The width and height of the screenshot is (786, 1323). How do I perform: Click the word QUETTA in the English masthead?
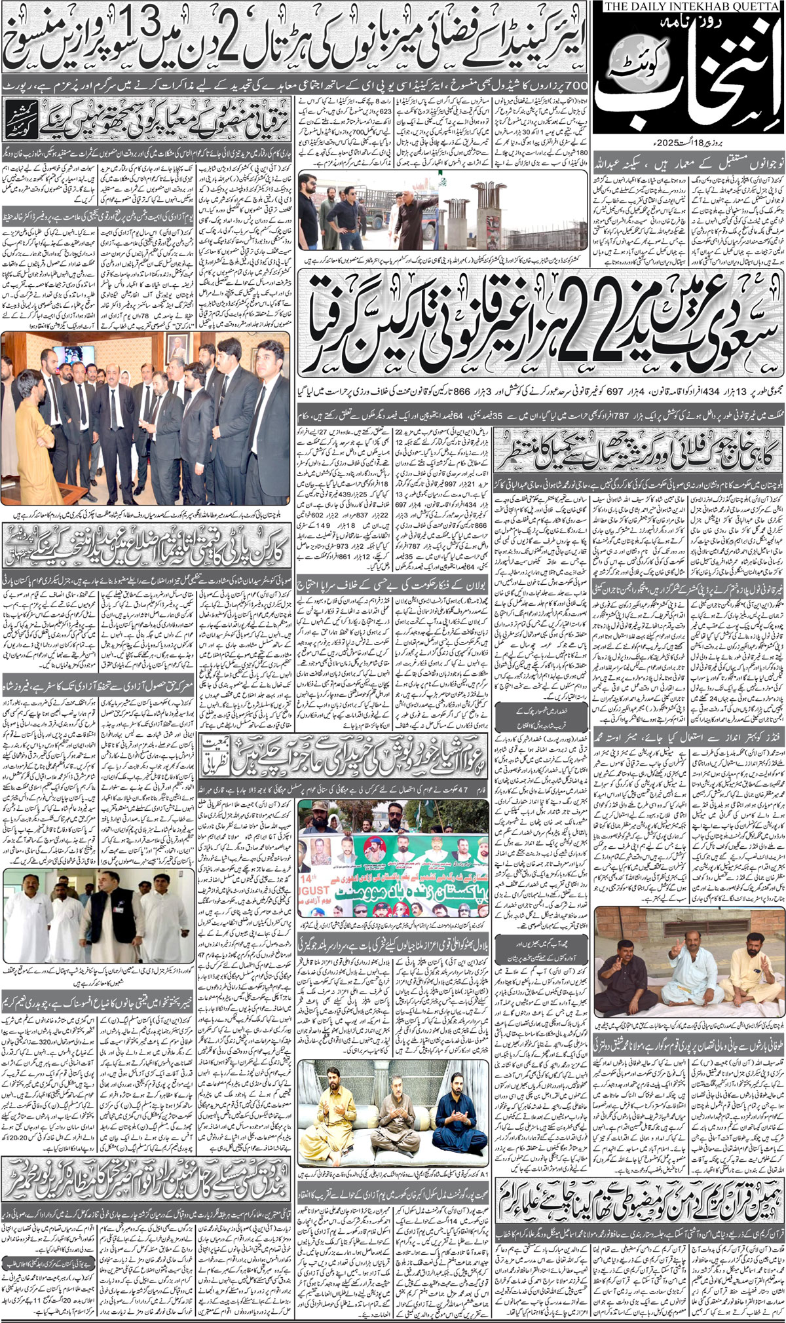[x=753, y=7]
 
